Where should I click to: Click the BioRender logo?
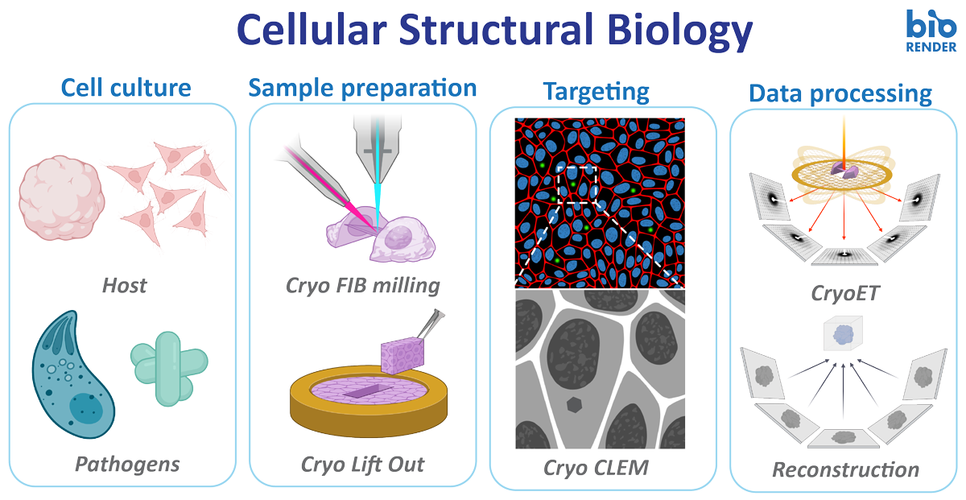pyautogui.click(x=931, y=31)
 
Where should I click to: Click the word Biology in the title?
pyautogui.click(x=679, y=31)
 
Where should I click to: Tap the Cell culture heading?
pyautogui.click(x=126, y=88)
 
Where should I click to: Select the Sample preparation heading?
pyautogui.click(x=362, y=89)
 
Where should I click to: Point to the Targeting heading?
pyautogui.click(x=597, y=93)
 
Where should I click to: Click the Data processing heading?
pyautogui.click(x=840, y=94)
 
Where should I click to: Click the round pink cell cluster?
pyautogui.click(x=61, y=197)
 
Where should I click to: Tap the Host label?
pyautogui.click(x=124, y=286)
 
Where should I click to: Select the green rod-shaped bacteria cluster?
pyautogui.click(x=169, y=369)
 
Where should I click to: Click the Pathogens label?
pyautogui.click(x=127, y=465)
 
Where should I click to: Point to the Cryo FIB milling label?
pyautogui.click(x=363, y=286)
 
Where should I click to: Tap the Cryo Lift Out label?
pyautogui.click(x=362, y=465)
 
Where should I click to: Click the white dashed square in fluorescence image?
pyautogui.click(x=577, y=184)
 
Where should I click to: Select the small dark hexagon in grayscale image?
pyautogui.click(x=574, y=405)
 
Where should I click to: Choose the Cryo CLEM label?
pyautogui.click(x=596, y=468)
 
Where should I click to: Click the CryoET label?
pyautogui.click(x=844, y=294)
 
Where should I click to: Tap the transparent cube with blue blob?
pyautogui.click(x=843, y=334)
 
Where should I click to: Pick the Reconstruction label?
pyautogui.click(x=845, y=469)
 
